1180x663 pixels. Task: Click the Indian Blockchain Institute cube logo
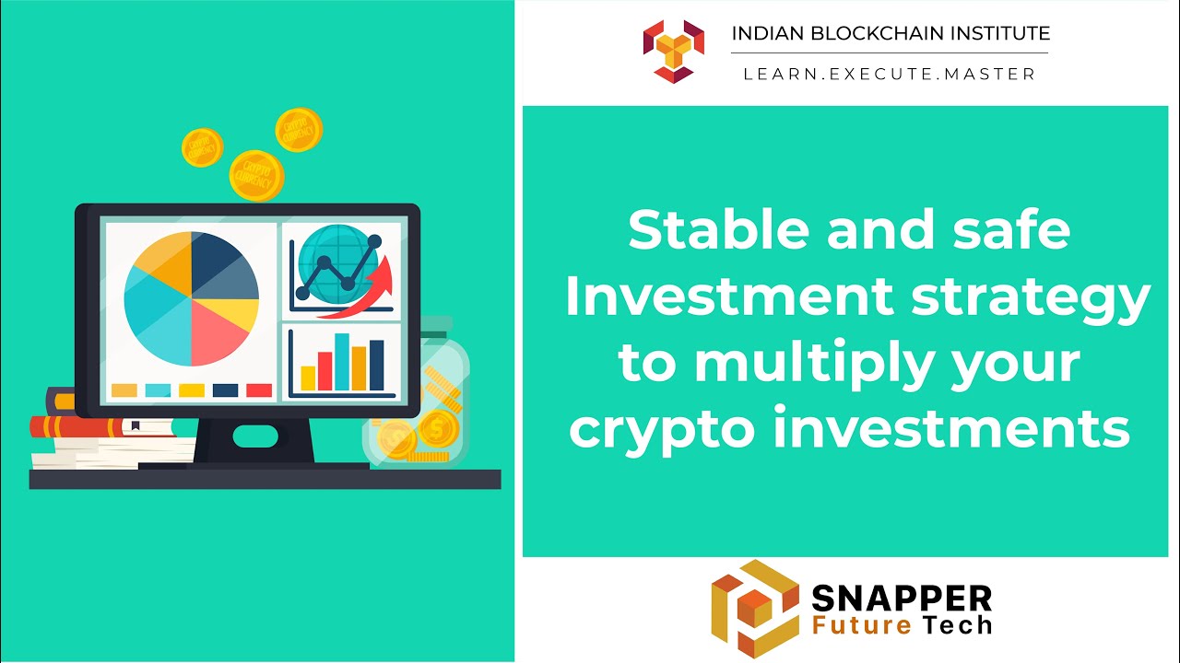(x=674, y=50)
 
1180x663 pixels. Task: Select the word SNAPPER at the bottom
(x=901, y=599)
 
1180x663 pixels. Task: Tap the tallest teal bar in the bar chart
(x=342, y=362)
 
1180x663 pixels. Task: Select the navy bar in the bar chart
(x=376, y=366)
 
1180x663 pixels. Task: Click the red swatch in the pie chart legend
(x=259, y=390)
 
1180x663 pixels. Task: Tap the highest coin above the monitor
(x=299, y=130)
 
